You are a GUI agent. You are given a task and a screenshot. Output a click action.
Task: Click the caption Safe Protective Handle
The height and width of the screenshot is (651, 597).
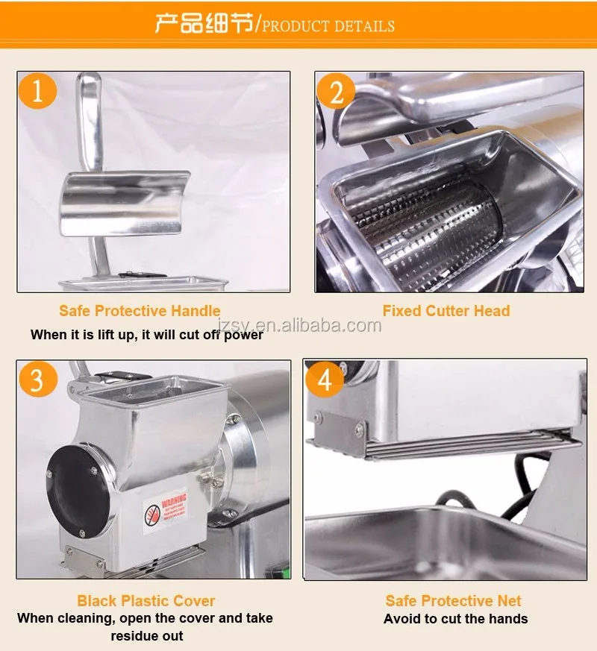pyautogui.click(x=140, y=311)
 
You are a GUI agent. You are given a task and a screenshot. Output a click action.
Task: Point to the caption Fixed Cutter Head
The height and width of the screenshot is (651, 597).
pyautogui.click(x=446, y=311)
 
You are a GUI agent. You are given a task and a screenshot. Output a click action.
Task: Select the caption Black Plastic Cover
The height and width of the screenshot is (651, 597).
pyautogui.click(x=146, y=600)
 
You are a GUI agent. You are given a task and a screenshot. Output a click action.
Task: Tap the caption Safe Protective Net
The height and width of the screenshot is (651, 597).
pyautogui.click(x=453, y=600)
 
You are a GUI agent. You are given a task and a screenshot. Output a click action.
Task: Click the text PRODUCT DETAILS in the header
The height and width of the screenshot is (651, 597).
pyautogui.click(x=328, y=26)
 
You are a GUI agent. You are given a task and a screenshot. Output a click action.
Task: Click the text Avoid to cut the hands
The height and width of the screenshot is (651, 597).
pyautogui.click(x=455, y=619)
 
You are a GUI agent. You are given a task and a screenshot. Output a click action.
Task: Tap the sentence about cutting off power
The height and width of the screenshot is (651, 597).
pyautogui.click(x=147, y=335)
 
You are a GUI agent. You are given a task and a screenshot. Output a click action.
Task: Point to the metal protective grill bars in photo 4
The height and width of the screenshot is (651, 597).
pyautogui.click(x=448, y=445)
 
